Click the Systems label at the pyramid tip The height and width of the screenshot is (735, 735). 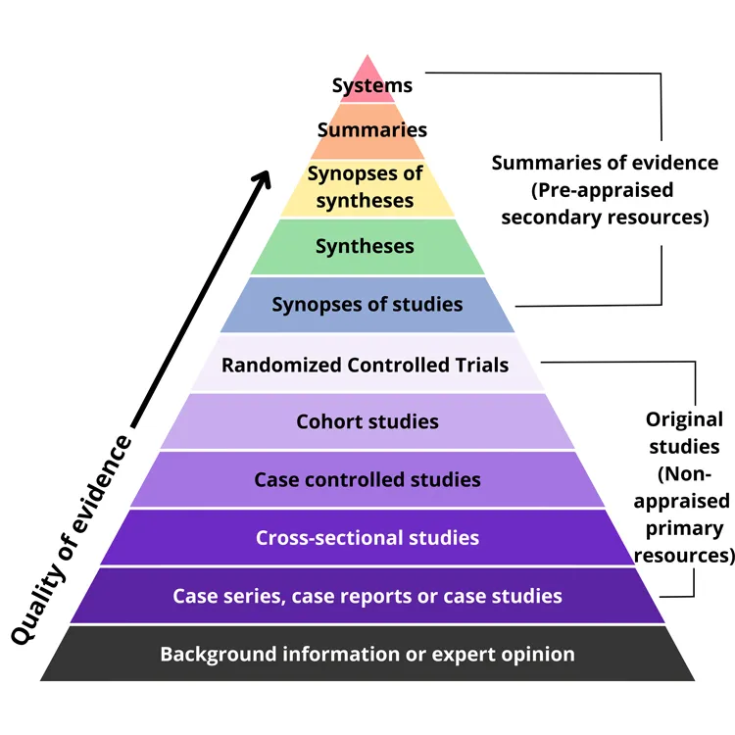[371, 85]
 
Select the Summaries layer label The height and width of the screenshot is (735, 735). [371, 129]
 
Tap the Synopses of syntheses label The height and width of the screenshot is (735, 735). [365, 187]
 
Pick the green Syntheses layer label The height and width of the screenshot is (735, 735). [365, 246]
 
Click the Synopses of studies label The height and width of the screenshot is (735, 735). [367, 304]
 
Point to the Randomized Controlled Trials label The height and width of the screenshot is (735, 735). [365, 366]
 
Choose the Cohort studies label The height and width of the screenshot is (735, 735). [367, 422]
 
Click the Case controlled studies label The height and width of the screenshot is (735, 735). [367, 479]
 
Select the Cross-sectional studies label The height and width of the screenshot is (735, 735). [367, 537]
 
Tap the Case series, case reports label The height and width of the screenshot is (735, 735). [367, 596]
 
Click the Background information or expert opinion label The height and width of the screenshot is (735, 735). [367, 654]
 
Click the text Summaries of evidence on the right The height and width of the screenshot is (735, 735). [605, 163]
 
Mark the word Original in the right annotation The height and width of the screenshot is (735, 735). [684, 419]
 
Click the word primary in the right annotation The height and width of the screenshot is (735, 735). [684, 528]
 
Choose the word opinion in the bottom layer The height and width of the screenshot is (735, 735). [536, 654]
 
